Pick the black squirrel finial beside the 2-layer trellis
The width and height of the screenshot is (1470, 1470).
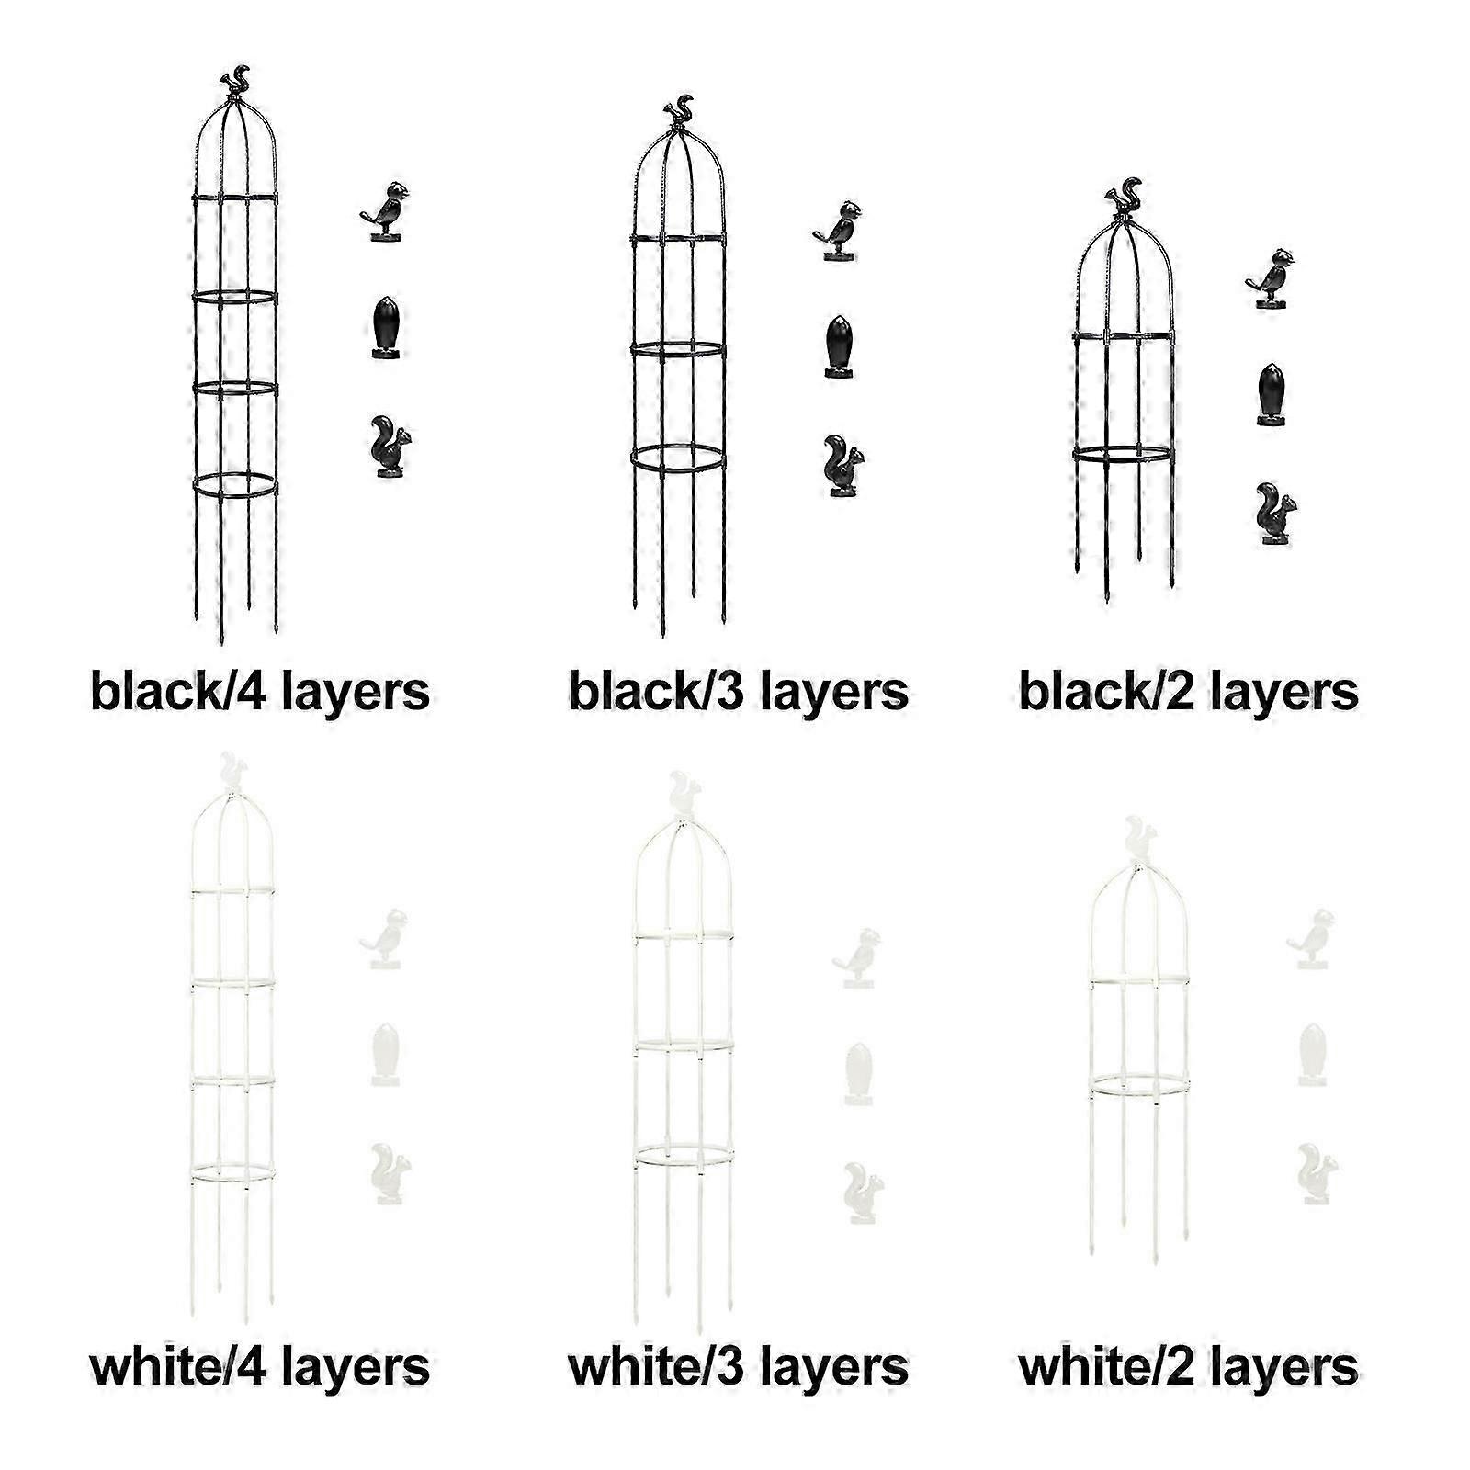[1275, 514]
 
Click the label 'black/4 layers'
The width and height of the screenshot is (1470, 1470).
[260, 691]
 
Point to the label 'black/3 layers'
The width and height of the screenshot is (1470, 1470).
[739, 691]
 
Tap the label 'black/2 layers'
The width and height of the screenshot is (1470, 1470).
[1189, 691]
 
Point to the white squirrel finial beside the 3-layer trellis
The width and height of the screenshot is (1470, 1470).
[861, 1193]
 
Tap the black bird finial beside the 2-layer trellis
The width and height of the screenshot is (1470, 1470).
[1272, 277]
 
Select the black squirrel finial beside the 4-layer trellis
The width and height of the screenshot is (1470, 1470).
[389, 447]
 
